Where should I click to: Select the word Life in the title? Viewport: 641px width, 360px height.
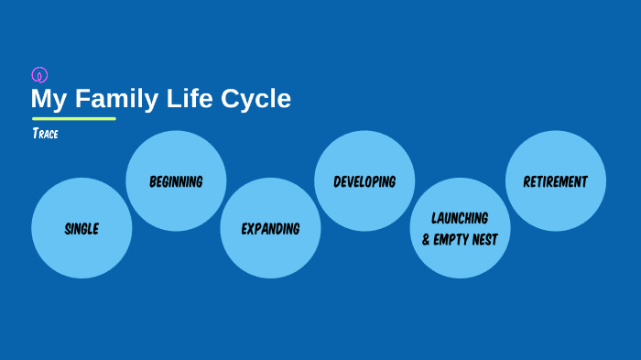(190, 99)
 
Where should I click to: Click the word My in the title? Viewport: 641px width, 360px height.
(47, 99)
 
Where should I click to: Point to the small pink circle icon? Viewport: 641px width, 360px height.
(39, 75)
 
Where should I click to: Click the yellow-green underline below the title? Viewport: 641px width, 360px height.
(74, 118)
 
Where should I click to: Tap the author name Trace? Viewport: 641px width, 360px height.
(46, 134)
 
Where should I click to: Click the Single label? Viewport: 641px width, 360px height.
(81, 229)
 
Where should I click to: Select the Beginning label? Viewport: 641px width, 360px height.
(176, 181)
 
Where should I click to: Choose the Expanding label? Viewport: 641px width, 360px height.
(270, 229)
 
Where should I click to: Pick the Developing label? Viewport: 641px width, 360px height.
(364, 181)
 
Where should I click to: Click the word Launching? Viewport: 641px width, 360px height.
(460, 218)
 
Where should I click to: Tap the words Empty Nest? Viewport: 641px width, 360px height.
(467, 240)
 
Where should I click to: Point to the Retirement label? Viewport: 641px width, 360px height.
(556, 181)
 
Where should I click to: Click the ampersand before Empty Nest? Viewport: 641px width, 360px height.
(427, 240)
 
